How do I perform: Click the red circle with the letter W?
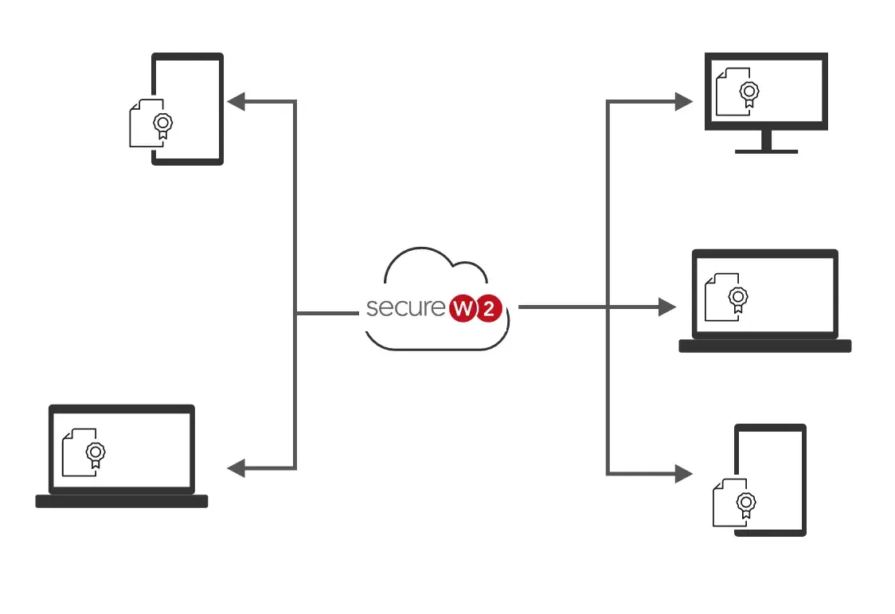pyautogui.click(x=464, y=308)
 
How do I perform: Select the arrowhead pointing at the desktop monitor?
pyautogui.click(x=684, y=101)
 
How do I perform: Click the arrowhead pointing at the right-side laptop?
pyautogui.click(x=667, y=307)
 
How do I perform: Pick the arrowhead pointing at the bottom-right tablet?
pyautogui.click(x=684, y=473)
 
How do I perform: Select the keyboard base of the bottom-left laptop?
pyautogui.click(x=122, y=501)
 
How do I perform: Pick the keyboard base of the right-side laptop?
pyautogui.click(x=764, y=346)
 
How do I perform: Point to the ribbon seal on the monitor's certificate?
pyautogui.click(x=748, y=92)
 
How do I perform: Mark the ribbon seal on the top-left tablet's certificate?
pyautogui.click(x=163, y=124)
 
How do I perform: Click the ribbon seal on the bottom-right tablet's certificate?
pyautogui.click(x=746, y=503)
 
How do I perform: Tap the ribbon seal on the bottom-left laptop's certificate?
pyautogui.click(x=96, y=453)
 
